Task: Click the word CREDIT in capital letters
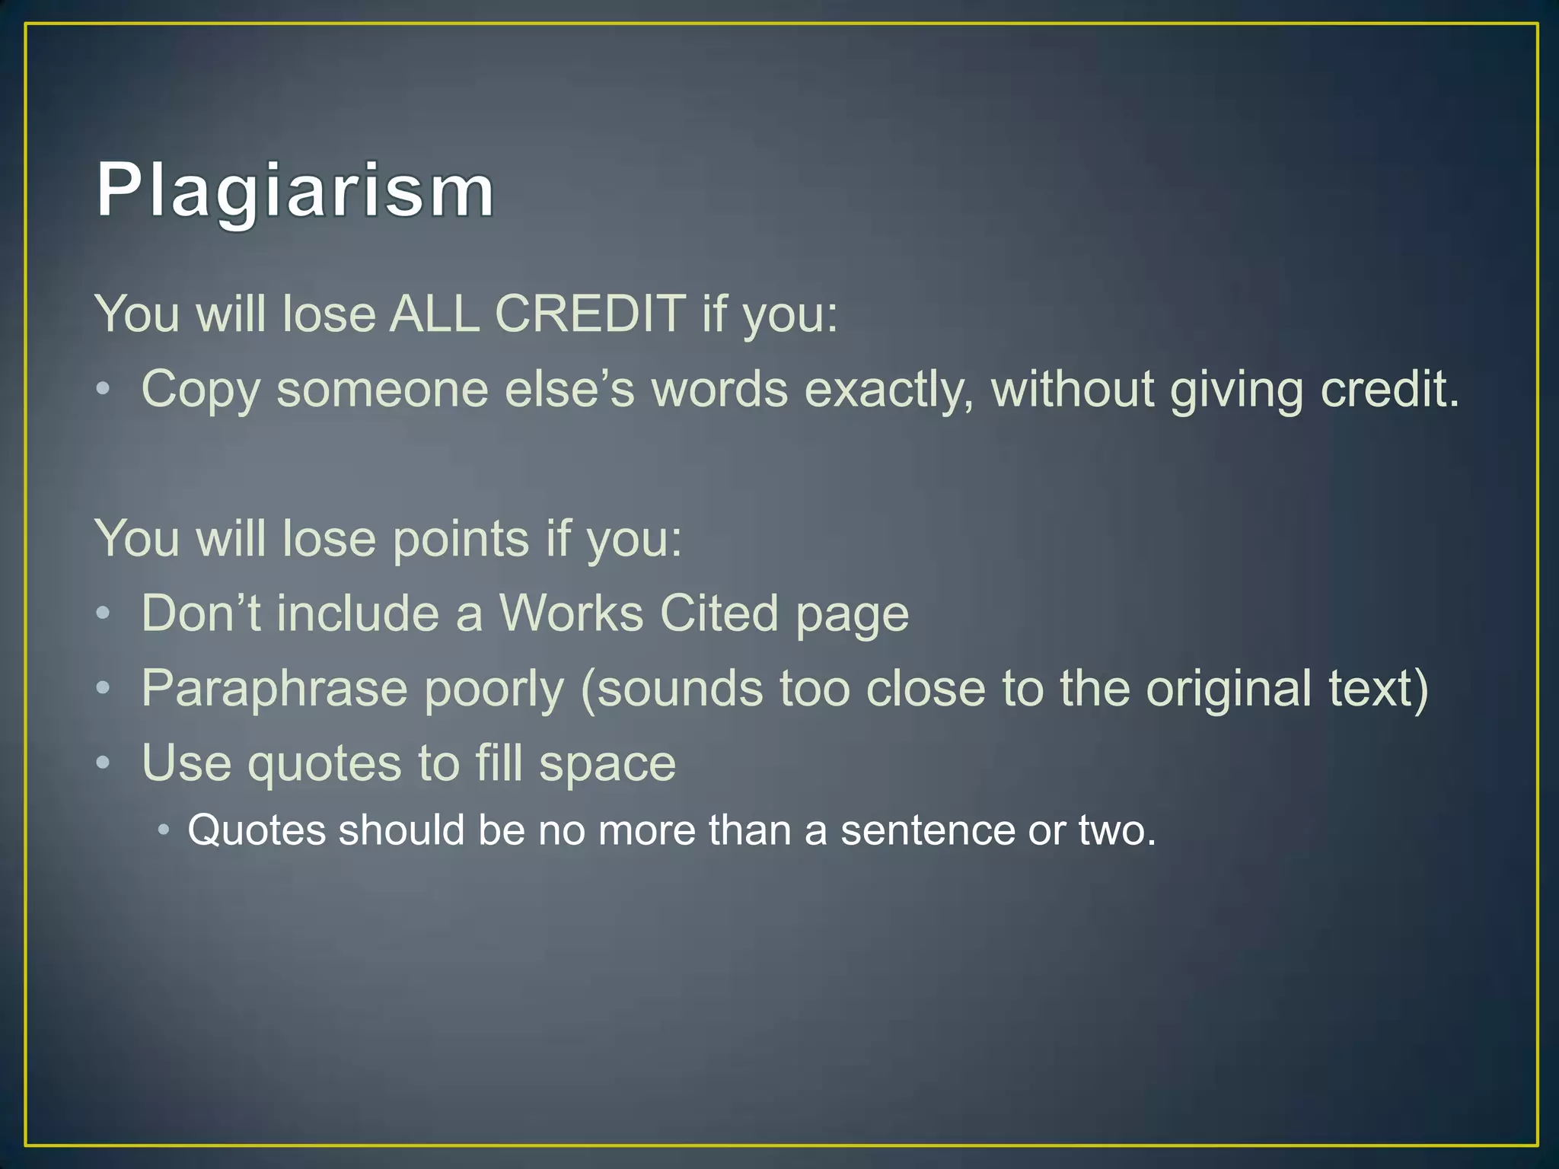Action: click(590, 313)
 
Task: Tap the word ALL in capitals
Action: click(434, 313)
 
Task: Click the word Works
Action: click(571, 613)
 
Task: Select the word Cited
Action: click(719, 613)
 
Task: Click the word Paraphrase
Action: click(274, 690)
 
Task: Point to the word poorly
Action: click(494, 690)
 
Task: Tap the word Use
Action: click(186, 763)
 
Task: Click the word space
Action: click(607, 764)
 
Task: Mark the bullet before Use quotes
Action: click(104, 763)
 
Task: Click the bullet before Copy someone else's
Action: click(104, 390)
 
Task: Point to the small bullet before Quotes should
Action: click(164, 830)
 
